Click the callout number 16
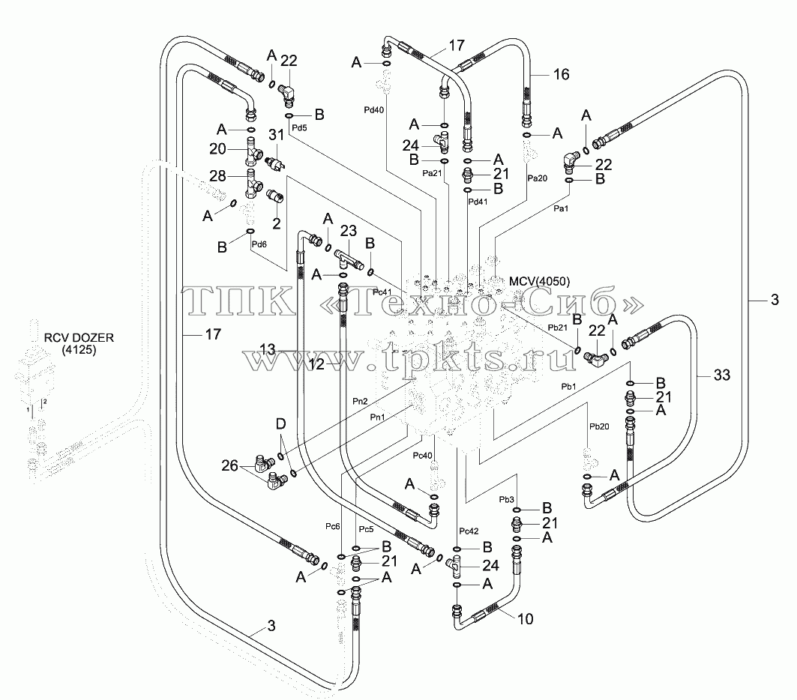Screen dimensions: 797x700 (561, 75)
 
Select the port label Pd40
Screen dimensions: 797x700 (373, 109)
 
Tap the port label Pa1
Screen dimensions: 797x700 (561, 208)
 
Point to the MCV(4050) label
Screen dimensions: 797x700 (539, 281)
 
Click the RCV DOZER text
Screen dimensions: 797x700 (79, 338)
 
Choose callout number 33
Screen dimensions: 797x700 (722, 375)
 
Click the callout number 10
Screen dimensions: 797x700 (525, 619)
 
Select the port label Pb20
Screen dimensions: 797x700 (599, 426)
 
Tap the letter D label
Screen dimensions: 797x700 (280, 423)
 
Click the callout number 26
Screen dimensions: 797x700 (229, 465)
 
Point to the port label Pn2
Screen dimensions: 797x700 (360, 401)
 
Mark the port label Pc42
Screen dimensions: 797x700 (469, 531)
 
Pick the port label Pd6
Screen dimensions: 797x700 (259, 244)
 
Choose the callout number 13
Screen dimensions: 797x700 (268, 349)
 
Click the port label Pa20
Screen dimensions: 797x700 (538, 178)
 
